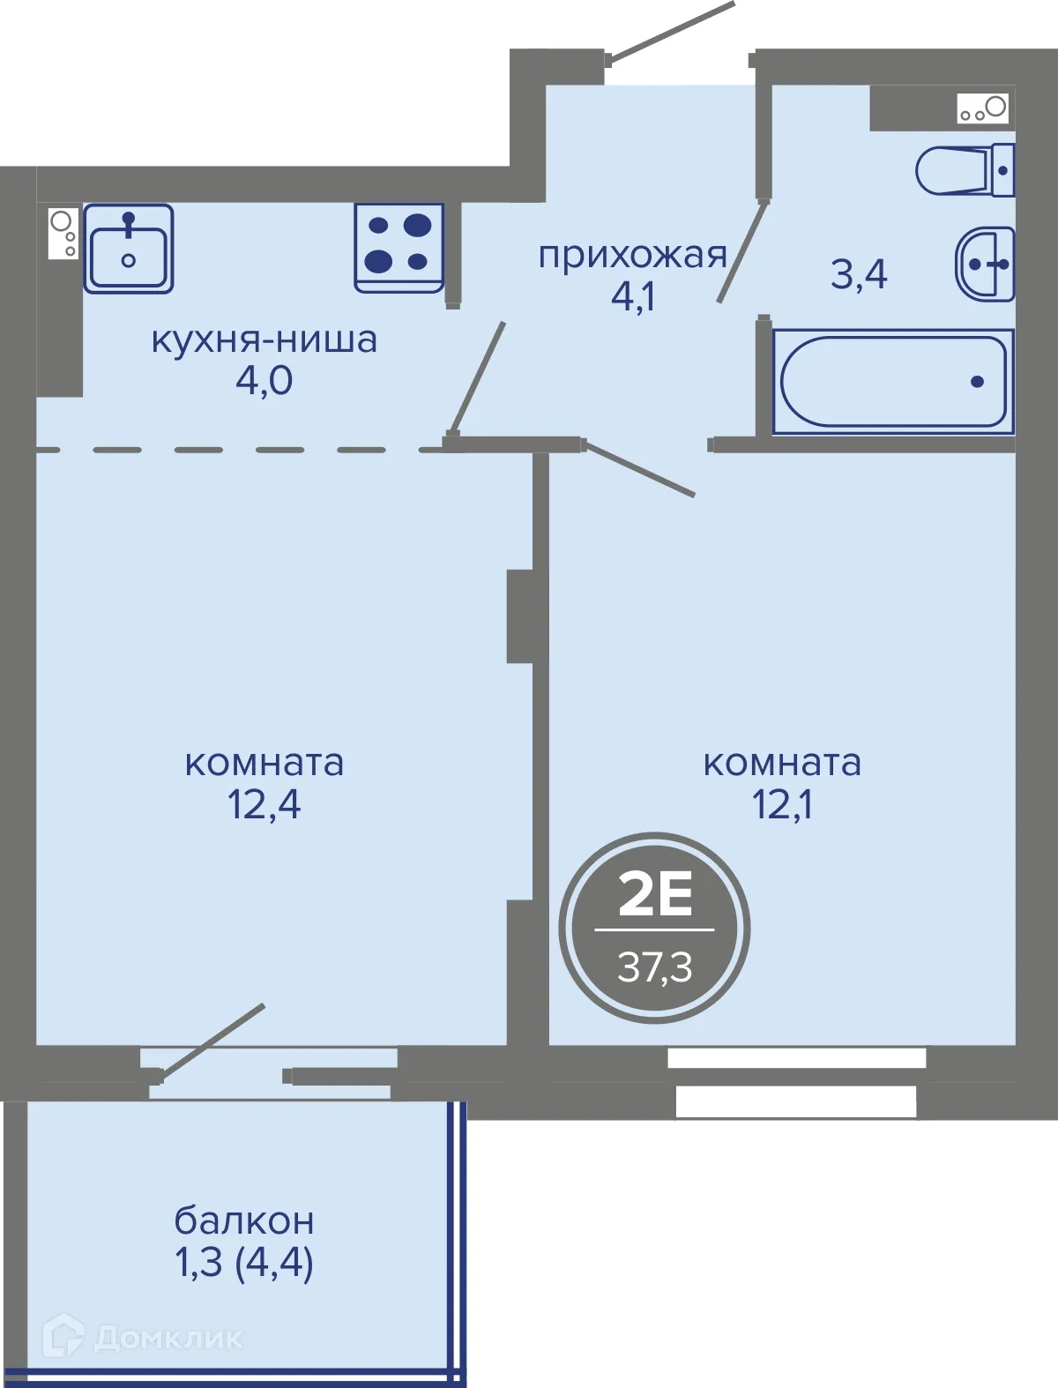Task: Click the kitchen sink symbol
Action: (x=129, y=249)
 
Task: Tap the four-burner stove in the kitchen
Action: (x=399, y=247)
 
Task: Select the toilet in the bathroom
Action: (x=965, y=170)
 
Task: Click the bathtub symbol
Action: (x=893, y=382)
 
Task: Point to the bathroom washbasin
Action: (x=986, y=264)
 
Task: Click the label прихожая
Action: (x=632, y=256)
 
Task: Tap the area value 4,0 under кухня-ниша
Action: (x=264, y=381)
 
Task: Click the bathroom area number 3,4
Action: (x=859, y=274)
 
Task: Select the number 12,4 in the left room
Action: (x=264, y=804)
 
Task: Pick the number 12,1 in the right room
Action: (x=782, y=804)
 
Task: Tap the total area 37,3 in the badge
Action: (x=655, y=967)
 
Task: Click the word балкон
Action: (x=244, y=1221)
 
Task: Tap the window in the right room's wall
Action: (x=796, y=1080)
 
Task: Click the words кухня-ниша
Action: (x=264, y=340)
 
